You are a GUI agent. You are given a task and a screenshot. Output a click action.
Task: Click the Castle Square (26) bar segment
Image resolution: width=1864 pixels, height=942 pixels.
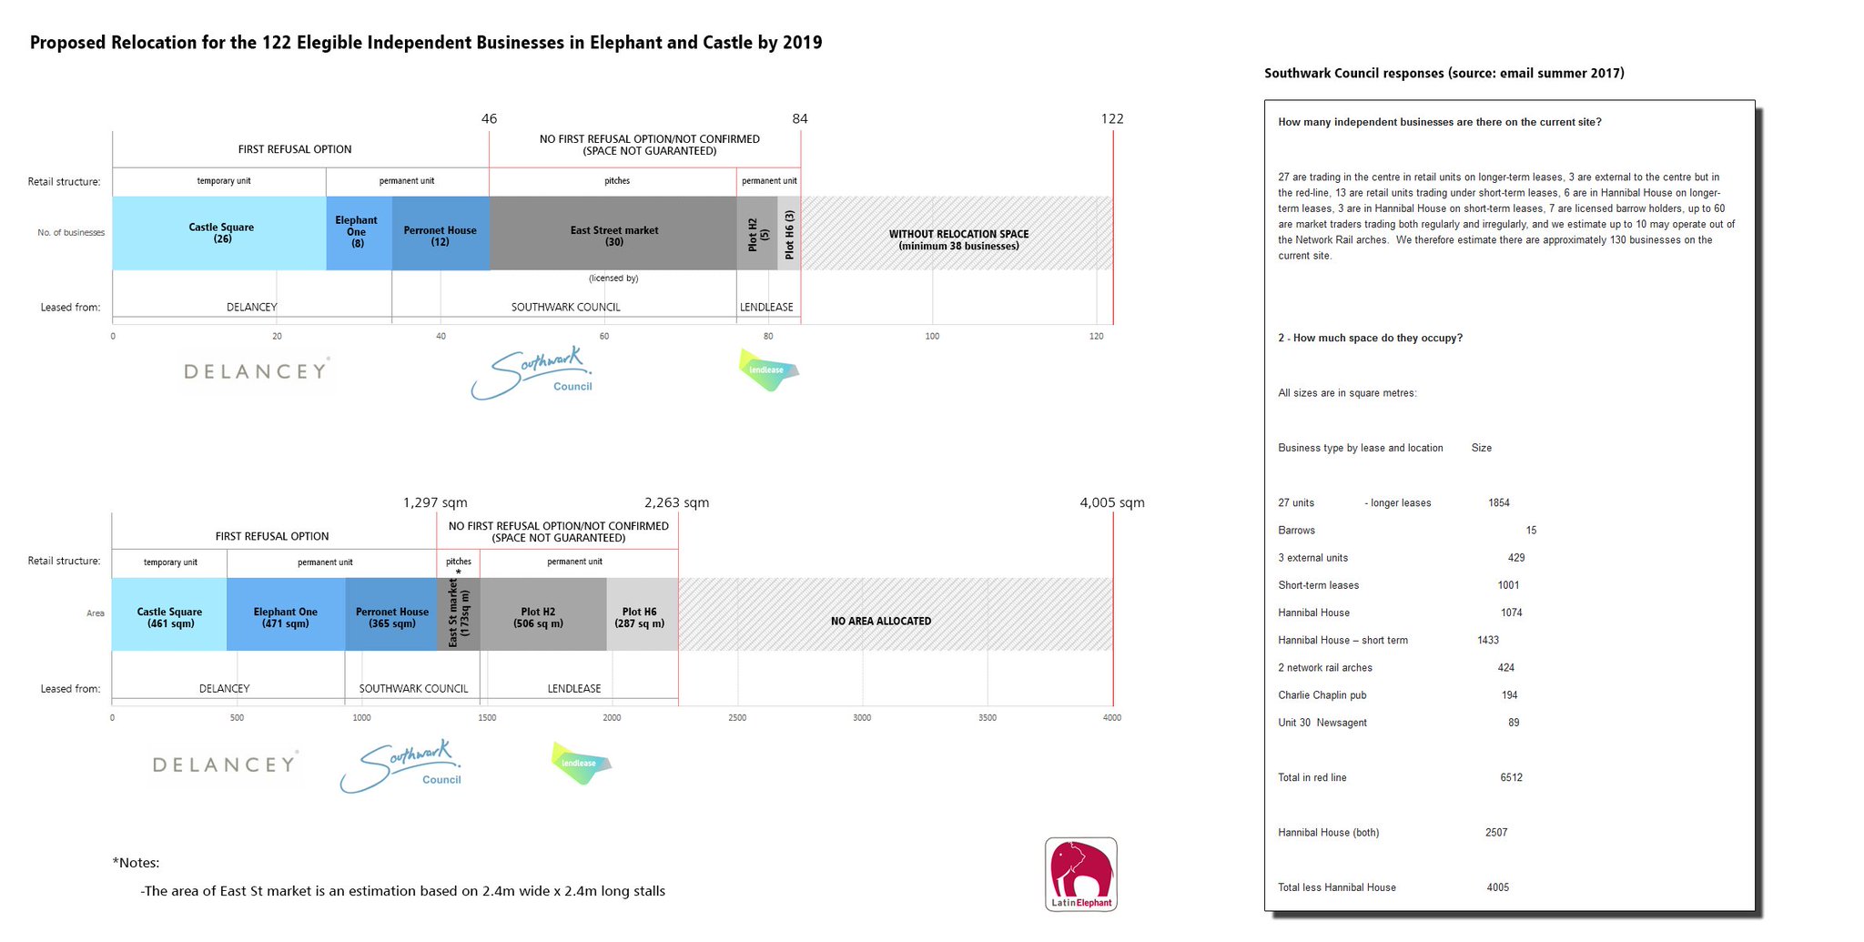219,233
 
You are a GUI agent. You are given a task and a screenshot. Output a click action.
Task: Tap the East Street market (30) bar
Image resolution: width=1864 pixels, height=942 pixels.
613,233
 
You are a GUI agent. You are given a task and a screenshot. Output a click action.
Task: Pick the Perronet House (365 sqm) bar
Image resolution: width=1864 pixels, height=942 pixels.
391,614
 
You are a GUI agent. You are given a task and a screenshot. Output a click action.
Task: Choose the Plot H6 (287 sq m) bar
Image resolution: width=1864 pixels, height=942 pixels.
642,614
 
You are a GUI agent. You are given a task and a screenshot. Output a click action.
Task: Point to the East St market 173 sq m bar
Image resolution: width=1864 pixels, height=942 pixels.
459,614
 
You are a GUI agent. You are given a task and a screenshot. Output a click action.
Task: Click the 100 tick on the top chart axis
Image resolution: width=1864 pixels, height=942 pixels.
932,337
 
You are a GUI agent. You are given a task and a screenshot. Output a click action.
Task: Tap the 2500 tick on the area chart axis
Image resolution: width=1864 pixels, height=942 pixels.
737,718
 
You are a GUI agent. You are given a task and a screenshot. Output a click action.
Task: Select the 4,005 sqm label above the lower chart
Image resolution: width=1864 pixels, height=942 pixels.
1111,502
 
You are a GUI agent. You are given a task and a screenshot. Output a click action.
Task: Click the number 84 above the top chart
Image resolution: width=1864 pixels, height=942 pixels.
799,118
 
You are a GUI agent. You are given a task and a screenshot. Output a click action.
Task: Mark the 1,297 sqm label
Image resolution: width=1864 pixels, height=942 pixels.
435,502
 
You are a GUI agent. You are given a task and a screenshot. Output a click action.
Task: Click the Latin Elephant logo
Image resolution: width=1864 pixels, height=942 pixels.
1080,874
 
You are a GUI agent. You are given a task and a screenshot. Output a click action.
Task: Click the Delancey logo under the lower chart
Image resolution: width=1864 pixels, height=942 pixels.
225,765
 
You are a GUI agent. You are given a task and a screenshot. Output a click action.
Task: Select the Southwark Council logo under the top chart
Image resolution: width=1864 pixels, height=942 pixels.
532,373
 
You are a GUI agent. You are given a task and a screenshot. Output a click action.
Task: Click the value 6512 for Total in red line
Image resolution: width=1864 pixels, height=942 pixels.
1511,777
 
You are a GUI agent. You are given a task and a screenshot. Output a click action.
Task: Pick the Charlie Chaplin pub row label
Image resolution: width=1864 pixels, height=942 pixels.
1322,695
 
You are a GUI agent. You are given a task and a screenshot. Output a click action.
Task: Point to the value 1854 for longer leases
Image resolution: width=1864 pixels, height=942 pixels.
1498,503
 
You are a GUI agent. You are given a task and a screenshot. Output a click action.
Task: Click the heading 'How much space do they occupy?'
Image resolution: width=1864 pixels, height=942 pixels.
1370,338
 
